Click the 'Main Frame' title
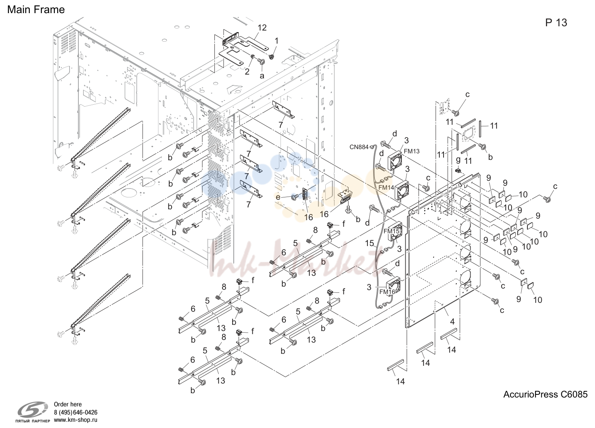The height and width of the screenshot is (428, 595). click(36, 10)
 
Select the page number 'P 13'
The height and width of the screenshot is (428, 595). click(556, 23)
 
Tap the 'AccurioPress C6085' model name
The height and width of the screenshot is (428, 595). click(545, 394)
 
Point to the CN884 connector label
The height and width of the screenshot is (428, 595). click(359, 147)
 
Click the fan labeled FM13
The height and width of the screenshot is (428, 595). click(395, 160)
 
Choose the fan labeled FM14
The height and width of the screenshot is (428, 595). click(402, 190)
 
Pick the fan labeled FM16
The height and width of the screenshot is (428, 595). click(393, 287)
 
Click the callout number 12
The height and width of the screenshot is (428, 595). click(262, 27)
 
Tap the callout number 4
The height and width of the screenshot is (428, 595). click(452, 321)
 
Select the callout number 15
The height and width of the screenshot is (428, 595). click(369, 243)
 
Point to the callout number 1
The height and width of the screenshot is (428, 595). click(277, 41)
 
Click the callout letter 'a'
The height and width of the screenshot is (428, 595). click(262, 76)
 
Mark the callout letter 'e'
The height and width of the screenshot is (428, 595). click(278, 197)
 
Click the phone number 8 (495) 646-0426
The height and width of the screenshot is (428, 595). click(76, 412)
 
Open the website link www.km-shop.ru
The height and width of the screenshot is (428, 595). click(76, 420)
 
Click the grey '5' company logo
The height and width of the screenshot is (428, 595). click(33, 409)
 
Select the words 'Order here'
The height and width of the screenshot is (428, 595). click(68, 404)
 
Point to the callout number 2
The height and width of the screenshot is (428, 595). click(247, 71)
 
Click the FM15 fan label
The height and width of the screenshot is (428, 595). click(391, 231)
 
